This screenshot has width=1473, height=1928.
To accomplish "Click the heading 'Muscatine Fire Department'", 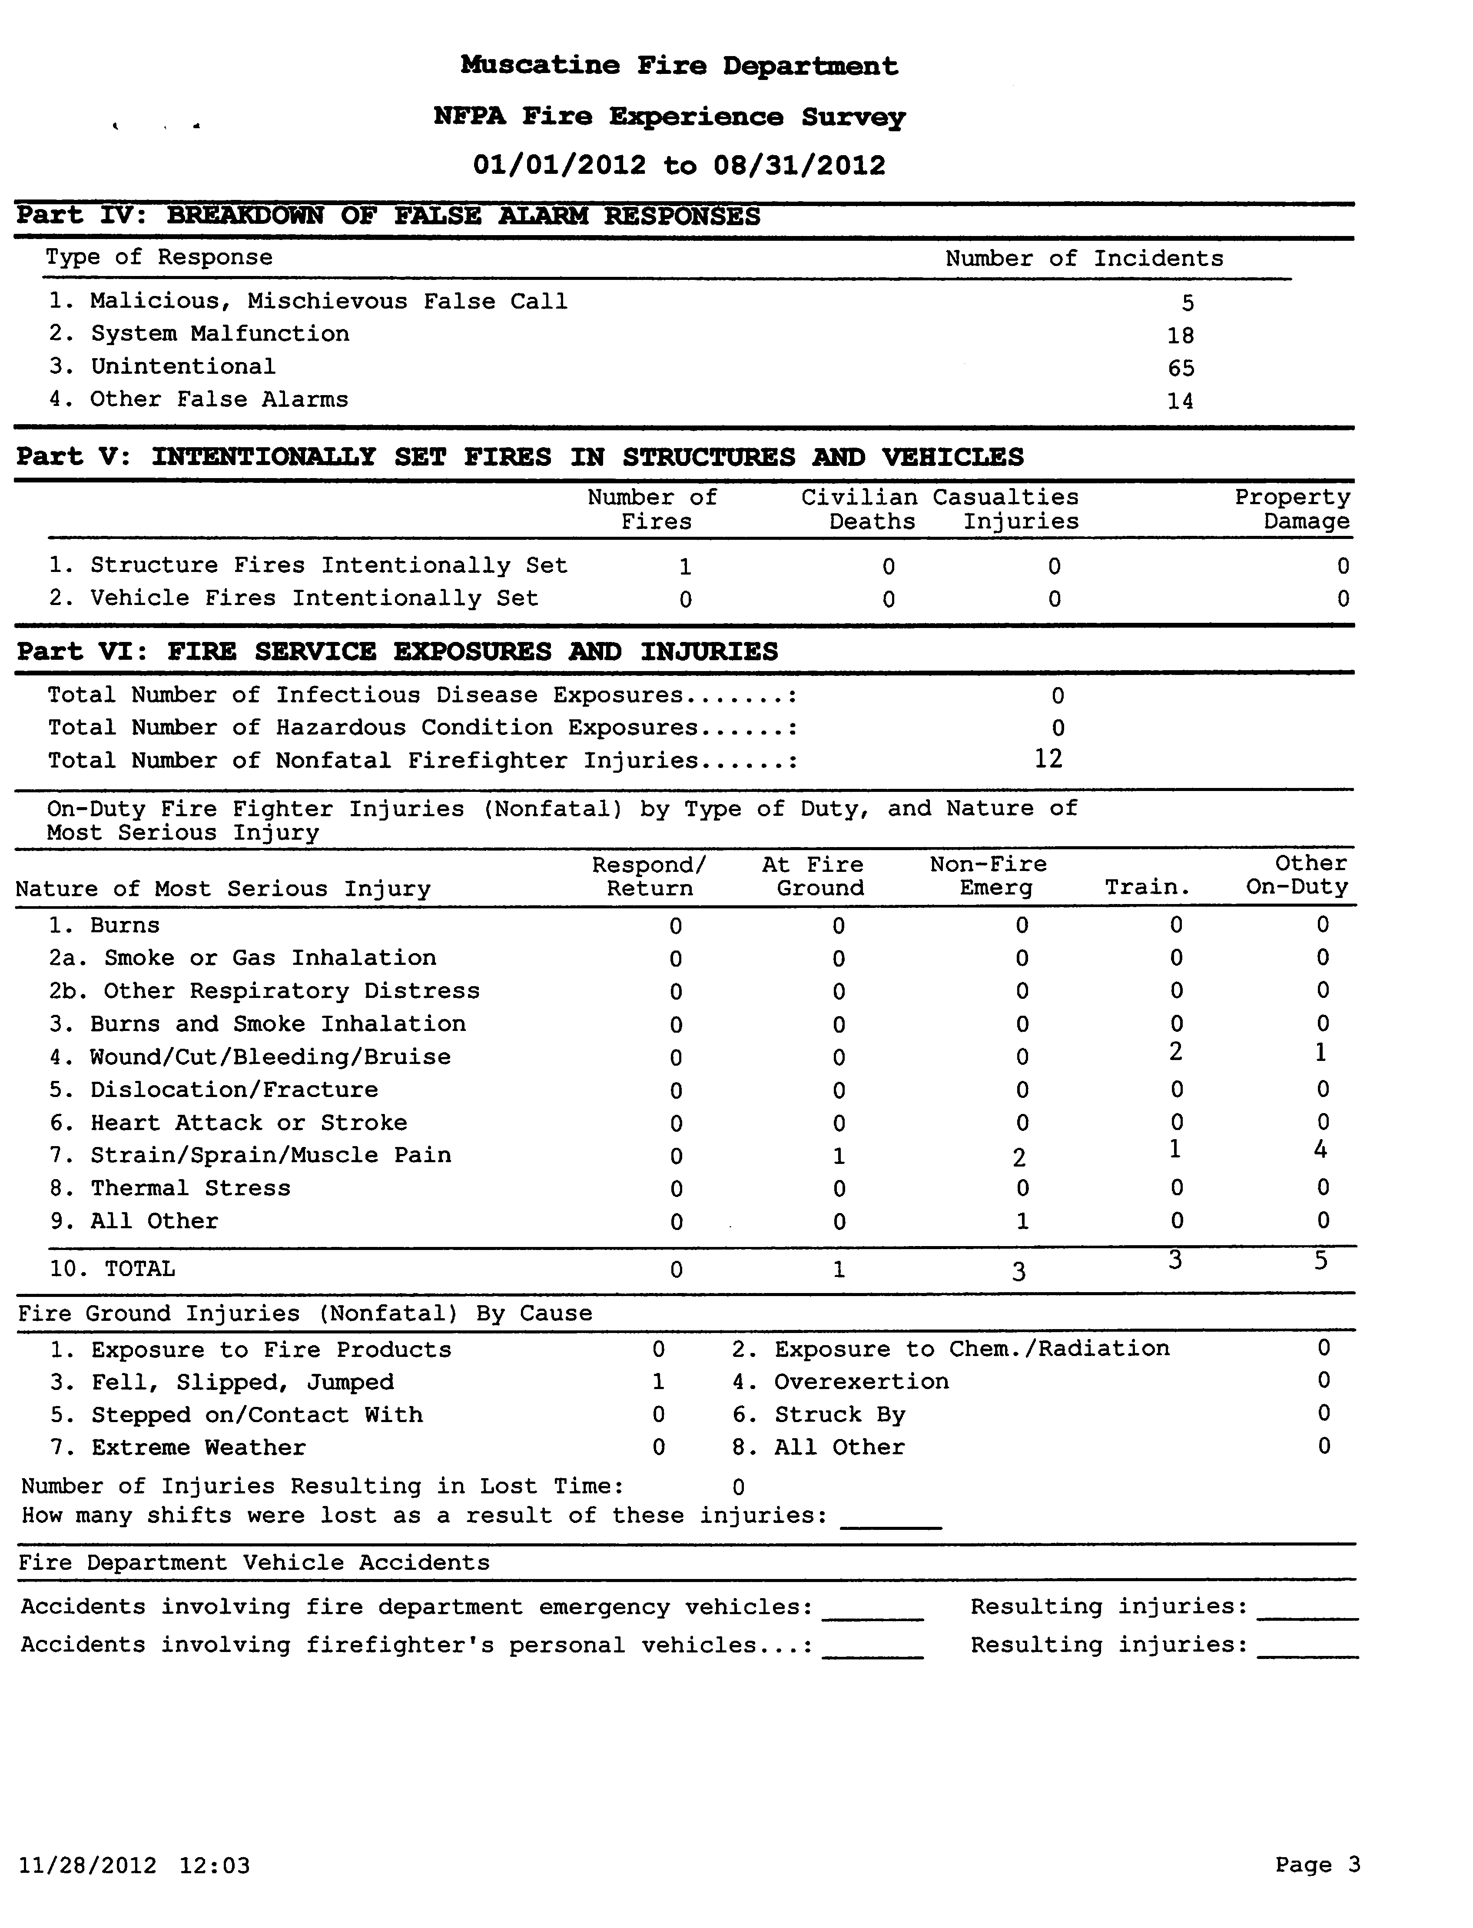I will click(680, 66).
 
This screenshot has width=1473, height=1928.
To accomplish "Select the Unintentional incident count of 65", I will click(1181, 368).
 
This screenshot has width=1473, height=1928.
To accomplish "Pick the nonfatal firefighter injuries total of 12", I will click(1048, 758).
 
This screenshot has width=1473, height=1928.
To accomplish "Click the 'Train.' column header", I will click(1147, 888).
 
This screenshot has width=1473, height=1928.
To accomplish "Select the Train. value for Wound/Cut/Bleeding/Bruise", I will click(1176, 1051).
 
